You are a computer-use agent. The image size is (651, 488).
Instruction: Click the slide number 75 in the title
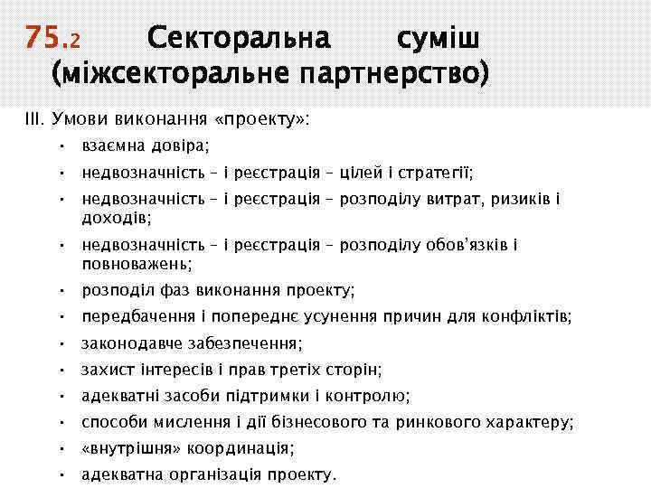[41, 37]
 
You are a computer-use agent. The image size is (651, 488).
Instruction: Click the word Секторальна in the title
[239, 38]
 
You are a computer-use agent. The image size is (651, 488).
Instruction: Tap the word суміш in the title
[438, 38]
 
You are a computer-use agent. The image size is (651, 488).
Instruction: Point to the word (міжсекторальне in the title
[168, 73]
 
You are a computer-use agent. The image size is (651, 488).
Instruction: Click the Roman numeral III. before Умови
[35, 118]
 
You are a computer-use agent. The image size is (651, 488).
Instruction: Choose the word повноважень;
[137, 264]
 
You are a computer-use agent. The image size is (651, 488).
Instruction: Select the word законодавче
[127, 343]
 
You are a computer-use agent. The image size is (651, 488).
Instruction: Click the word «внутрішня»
[124, 448]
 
